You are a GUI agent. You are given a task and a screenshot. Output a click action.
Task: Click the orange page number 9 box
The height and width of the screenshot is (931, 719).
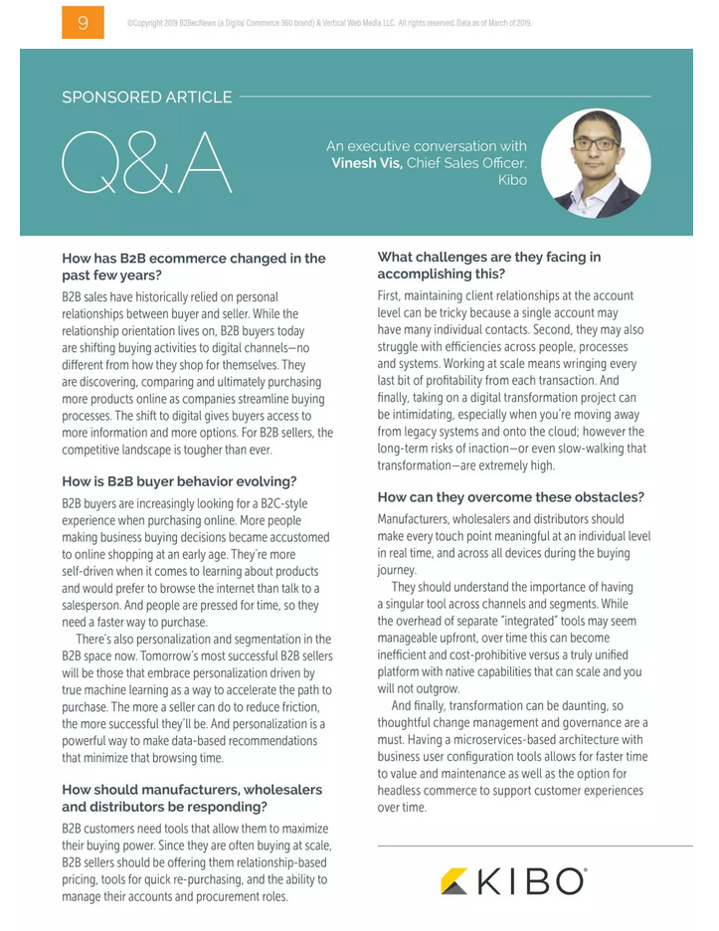tap(83, 22)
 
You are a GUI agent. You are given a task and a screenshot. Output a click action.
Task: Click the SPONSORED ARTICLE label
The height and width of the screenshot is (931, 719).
tap(146, 97)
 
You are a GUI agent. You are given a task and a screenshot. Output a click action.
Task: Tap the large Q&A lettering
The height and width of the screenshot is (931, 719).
tap(147, 163)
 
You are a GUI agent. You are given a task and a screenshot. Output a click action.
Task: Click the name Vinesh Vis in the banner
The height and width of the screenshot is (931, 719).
tap(367, 163)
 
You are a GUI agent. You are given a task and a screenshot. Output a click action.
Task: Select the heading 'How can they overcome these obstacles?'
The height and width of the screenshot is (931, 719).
tap(511, 496)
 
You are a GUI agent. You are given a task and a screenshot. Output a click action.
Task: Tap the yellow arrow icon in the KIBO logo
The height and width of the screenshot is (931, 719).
tap(454, 881)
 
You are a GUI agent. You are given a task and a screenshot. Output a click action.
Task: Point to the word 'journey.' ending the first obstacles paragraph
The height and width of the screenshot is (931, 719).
tap(399, 571)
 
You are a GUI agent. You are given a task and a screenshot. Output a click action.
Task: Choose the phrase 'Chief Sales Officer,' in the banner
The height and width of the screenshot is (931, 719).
tap(466, 163)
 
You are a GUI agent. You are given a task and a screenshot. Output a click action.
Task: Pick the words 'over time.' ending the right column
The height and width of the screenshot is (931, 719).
tap(402, 808)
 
